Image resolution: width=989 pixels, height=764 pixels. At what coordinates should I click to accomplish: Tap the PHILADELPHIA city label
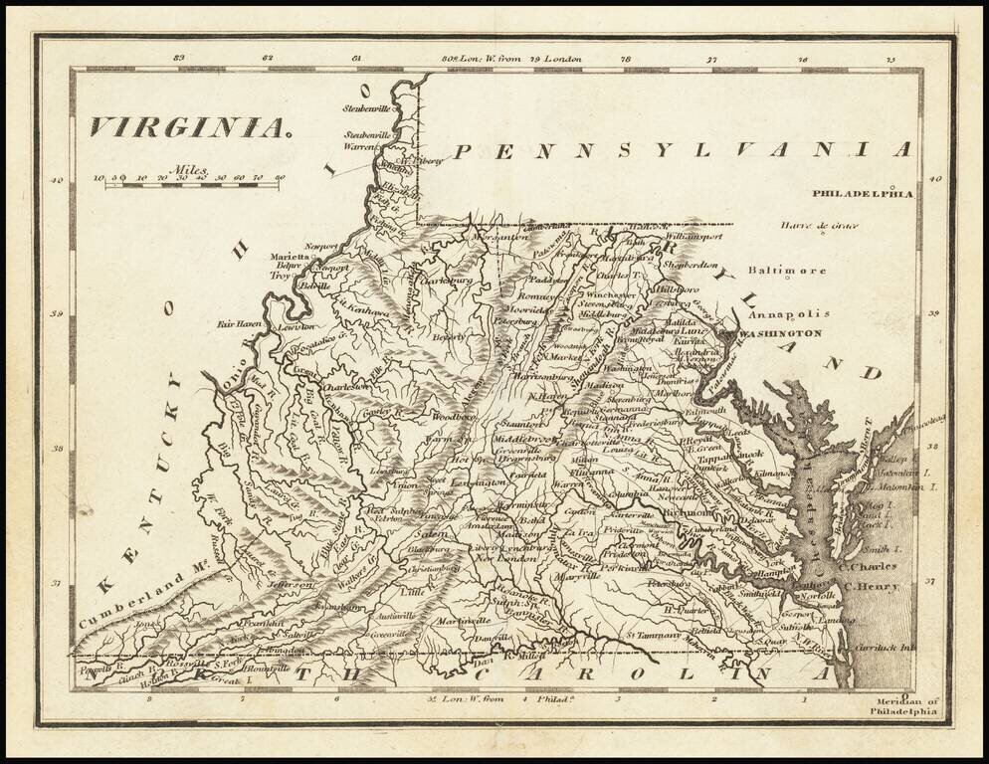[x=862, y=194]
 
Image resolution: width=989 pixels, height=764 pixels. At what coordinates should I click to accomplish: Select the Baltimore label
[x=787, y=271]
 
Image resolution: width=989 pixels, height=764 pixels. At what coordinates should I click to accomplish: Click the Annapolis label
[x=788, y=313]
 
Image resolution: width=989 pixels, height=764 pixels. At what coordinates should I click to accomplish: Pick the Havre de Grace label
[x=818, y=226]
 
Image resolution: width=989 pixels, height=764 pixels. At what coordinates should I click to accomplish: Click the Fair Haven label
[x=239, y=324]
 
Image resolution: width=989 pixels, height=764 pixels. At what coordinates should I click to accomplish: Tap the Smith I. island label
[x=882, y=548]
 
